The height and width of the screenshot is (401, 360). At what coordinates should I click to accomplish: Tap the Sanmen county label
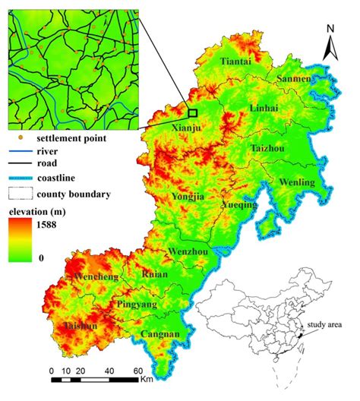[292, 78]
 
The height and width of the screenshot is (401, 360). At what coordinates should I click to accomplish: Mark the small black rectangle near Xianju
[193, 112]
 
